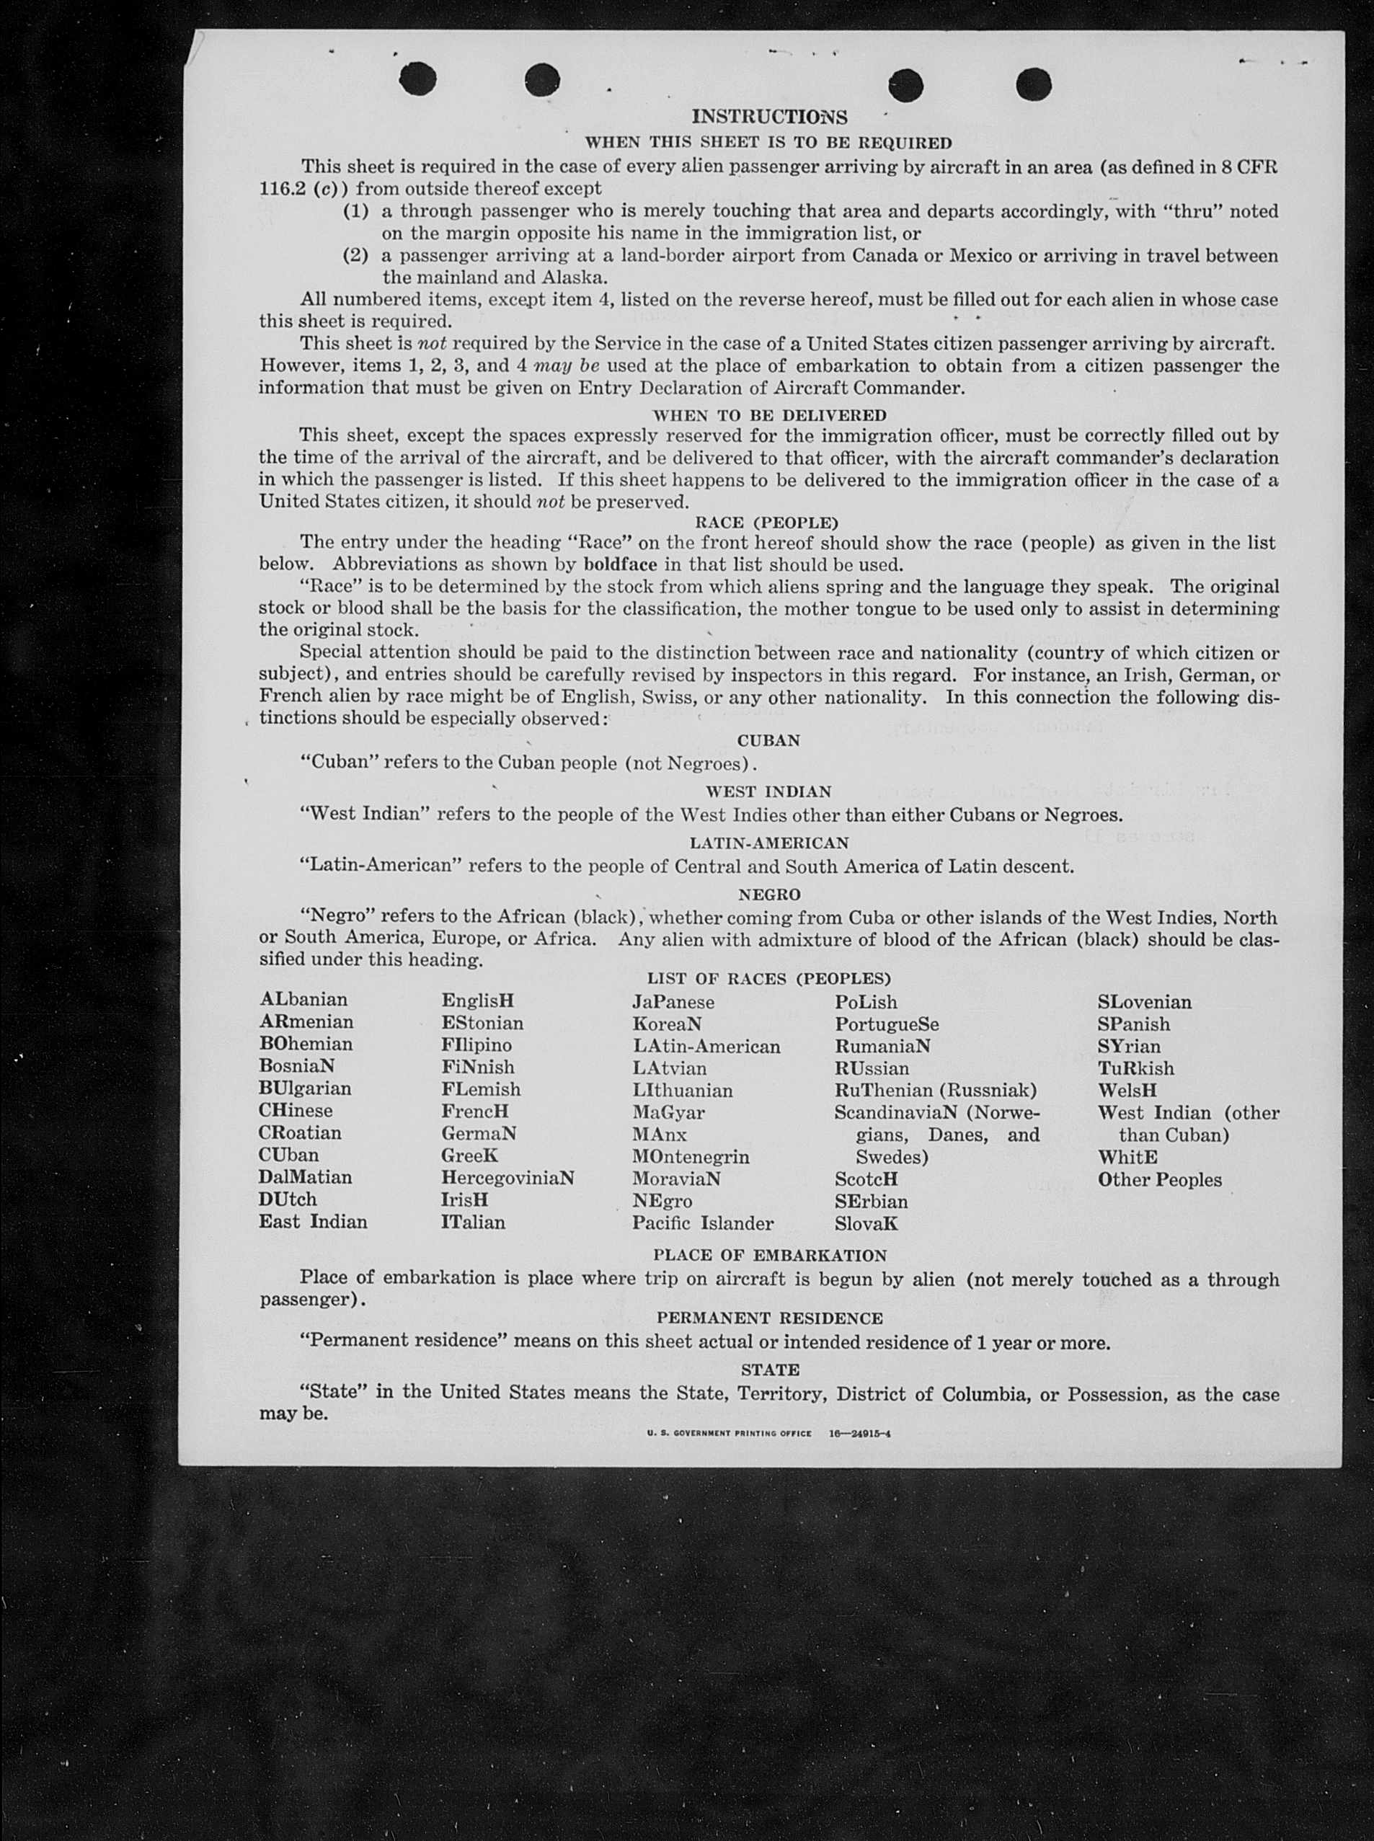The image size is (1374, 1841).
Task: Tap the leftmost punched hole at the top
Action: click(417, 79)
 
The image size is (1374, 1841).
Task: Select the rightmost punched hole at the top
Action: click(1034, 84)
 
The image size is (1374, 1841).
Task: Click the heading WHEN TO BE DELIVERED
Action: click(769, 415)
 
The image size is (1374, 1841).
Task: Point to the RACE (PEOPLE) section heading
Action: click(766, 522)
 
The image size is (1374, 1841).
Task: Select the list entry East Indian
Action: click(313, 1222)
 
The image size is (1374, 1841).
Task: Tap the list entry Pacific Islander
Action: click(703, 1223)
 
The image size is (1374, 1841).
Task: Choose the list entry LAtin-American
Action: click(706, 1046)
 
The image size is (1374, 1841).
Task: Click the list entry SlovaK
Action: click(866, 1224)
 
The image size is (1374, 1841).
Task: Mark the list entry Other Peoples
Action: click(1159, 1180)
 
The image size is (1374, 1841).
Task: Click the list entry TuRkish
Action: click(1135, 1068)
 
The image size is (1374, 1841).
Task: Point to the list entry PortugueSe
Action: click(887, 1024)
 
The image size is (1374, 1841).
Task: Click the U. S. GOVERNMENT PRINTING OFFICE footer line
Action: click(768, 1434)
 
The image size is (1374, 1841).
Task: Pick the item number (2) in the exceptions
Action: click(356, 255)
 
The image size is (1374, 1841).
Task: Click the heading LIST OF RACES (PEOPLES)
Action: click(768, 979)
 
